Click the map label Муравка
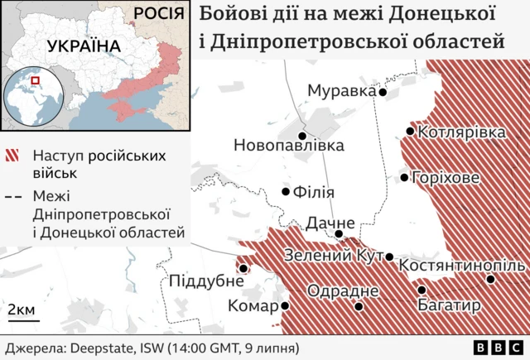[341, 90]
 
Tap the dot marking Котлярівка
[411, 132]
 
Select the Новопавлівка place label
[288, 146]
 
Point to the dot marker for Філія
[287, 191]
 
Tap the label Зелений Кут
[333, 257]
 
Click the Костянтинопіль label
[461, 266]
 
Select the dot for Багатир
[422, 290]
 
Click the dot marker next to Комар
[286, 305]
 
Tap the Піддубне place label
[200, 281]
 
